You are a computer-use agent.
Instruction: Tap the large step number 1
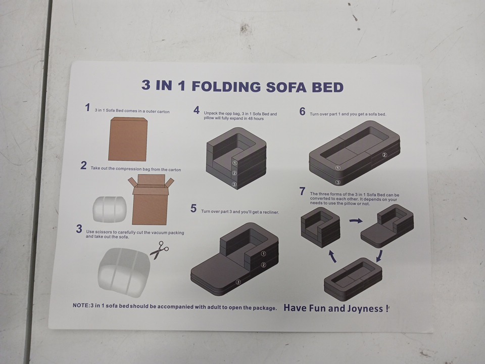tap(87, 108)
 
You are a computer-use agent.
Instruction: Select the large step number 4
tap(197, 110)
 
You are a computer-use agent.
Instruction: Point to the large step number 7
tap(302, 191)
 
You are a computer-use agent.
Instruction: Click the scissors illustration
tap(160, 250)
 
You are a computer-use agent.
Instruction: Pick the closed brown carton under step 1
tap(128, 139)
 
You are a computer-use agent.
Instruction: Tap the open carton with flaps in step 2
tap(151, 200)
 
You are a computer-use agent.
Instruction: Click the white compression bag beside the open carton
tap(110, 209)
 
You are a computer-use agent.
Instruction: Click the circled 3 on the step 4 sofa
tap(234, 185)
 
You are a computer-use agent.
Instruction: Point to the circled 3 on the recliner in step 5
tap(238, 282)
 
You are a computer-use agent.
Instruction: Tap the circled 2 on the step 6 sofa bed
tap(384, 155)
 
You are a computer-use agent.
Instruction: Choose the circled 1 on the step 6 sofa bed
tap(338, 168)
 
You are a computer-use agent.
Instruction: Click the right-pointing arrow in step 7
tap(356, 221)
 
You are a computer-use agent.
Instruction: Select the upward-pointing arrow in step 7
tap(332, 256)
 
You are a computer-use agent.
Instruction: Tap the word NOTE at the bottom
tap(80, 305)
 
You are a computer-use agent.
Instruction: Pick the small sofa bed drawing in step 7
tap(353, 280)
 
